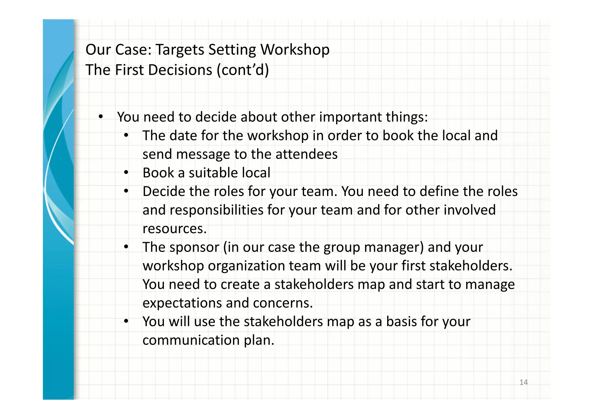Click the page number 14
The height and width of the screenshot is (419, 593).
pos(524,382)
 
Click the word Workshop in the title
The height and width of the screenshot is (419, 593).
pos(295,50)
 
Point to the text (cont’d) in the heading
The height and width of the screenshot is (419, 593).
pos(243,70)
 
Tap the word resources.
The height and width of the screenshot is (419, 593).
pos(175,229)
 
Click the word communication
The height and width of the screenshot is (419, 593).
pos(191,340)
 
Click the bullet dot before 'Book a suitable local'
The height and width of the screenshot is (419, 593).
pos(126,173)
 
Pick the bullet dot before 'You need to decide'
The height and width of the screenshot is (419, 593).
pos(100,117)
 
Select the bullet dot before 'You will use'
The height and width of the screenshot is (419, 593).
pos(126,321)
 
